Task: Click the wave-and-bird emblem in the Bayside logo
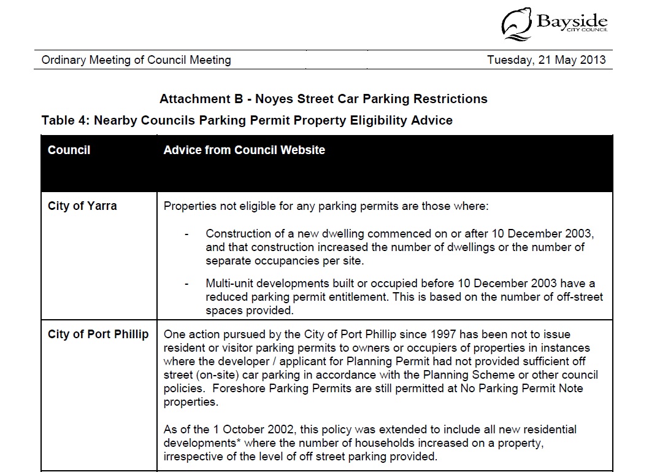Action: click(517, 24)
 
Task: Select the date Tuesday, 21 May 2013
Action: click(546, 60)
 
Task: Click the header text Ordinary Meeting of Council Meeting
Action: click(136, 60)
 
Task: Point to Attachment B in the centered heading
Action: click(196, 99)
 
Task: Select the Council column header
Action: click(69, 150)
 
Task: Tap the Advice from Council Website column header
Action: click(244, 150)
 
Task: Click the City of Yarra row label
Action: click(82, 206)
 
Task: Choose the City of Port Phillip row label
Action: click(98, 335)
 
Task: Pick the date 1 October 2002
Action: click(238, 430)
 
